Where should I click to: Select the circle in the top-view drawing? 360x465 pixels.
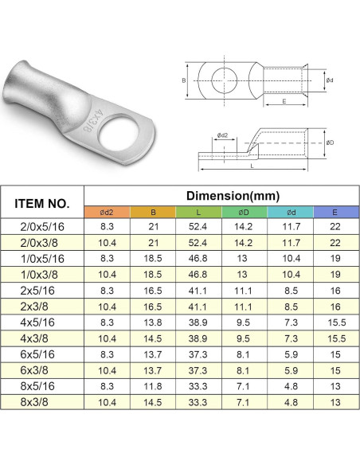(225, 80)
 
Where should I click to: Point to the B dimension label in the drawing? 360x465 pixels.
(183, 80)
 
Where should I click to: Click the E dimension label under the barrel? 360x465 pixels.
(284, 101)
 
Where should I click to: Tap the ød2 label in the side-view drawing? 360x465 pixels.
(222, 135)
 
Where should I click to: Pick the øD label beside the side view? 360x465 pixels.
(330, 143)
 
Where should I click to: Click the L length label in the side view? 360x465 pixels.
(252, 166)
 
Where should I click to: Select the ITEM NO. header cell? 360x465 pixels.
(42, 204)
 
